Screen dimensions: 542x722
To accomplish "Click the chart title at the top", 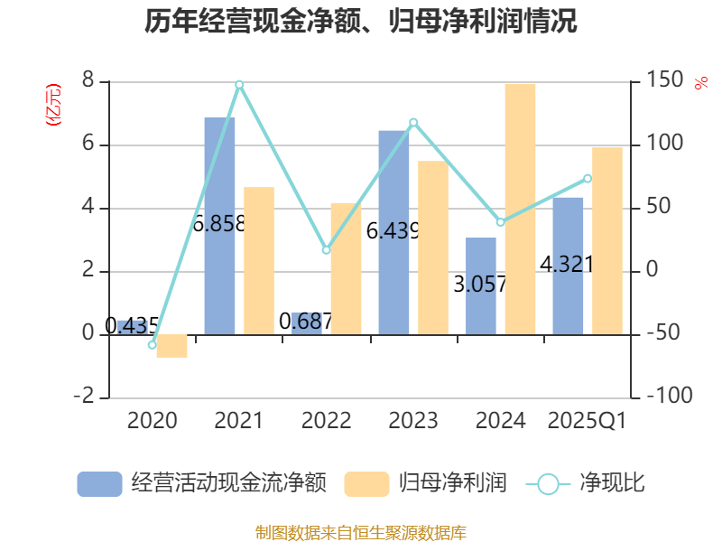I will tap(361, 22).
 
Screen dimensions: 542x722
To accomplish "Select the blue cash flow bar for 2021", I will tap(219, 225).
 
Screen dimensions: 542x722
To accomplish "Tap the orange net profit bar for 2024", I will tap(520, 209).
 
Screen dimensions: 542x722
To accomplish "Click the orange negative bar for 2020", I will tap(171, 346).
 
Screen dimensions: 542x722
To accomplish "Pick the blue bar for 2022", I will tap(307, 322).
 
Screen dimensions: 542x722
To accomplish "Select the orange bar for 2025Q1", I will tap(607, 240).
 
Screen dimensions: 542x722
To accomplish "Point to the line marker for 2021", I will tap(239, 85).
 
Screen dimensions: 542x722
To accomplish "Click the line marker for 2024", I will tap(501, 222).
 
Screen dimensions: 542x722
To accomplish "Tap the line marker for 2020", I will tap(153, 345).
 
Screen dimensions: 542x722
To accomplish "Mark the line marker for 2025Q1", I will tap(588, 179).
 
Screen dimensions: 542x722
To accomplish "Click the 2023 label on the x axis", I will tap(413, 420).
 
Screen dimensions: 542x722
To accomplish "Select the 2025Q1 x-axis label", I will tap(588, 420).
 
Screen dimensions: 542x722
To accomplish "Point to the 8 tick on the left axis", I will tap(88, 81).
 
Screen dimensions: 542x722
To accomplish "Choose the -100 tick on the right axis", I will tap(663, 397).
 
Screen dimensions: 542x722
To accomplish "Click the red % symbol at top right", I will tap(700, 83).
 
